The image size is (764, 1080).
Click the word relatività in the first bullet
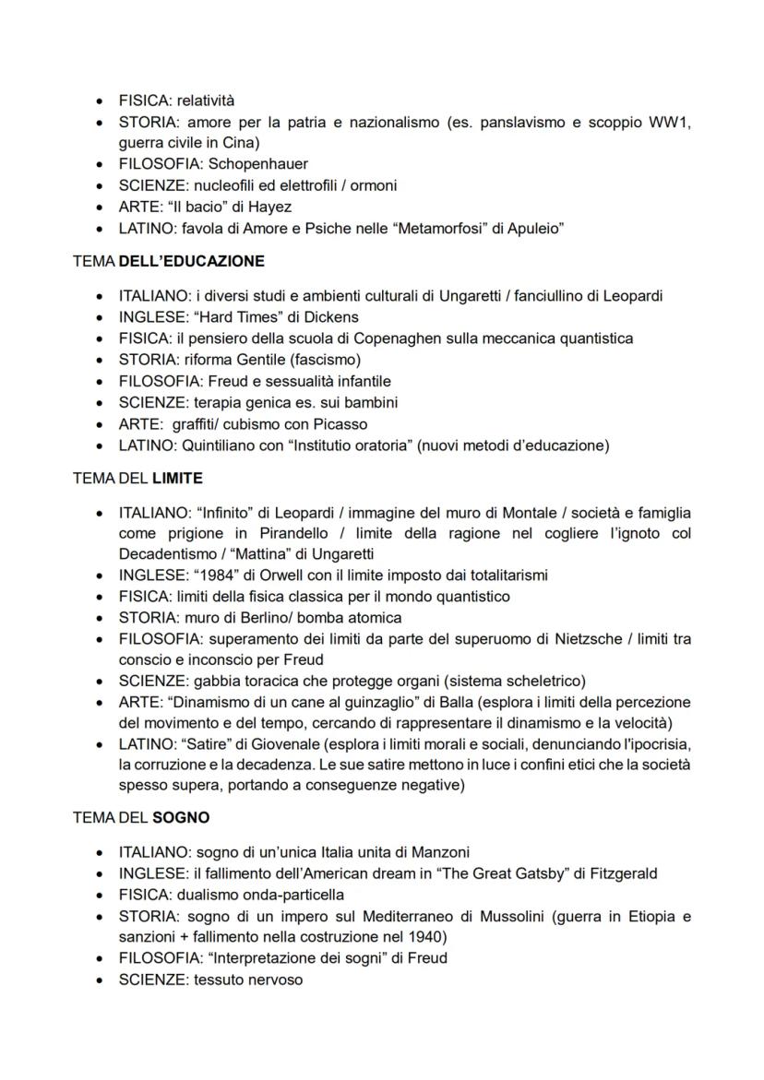pos(213,100)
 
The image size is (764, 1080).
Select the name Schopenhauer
pos(258,164)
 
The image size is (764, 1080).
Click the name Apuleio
pos(534,228)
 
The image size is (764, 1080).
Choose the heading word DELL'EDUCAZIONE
pos(191,261)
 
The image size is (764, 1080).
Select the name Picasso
pos(339,424)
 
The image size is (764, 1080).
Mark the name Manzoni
pos(455,852)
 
